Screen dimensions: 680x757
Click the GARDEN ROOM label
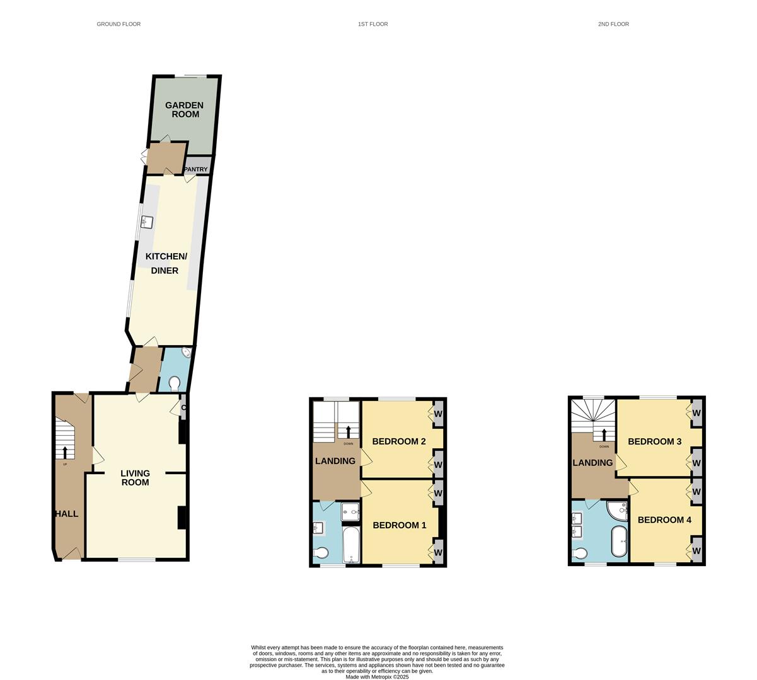point(184,110)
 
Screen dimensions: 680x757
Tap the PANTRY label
point(196,169)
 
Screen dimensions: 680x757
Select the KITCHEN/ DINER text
point(166,263)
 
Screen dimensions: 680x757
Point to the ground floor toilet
point(175,382)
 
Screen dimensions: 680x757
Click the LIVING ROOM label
point(136,477)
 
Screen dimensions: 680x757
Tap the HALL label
point(66,514)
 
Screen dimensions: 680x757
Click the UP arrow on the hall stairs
point(65,452)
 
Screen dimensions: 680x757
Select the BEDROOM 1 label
point(399,525)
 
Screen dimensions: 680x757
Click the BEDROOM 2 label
point(398,441)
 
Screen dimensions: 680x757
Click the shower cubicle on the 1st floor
point(350,513)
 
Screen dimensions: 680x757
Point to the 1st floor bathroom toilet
point(321,553)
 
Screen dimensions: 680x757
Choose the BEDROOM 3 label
point(654,441)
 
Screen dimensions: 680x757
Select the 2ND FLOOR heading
point(613,24)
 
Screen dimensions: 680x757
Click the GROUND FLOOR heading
point(118,24)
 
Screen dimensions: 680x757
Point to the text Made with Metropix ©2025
point(377,677)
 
